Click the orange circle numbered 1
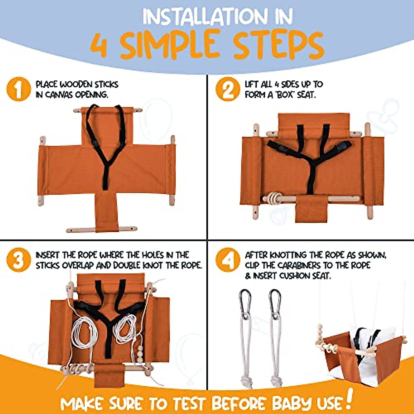click(x=18, y=89)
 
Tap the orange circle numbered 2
click(x=227, y=89)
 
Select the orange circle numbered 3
click(x=18, y=260)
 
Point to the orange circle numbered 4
click(x=227, y=260)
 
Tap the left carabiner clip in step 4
click(x=245, y=304)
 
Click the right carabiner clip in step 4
click(x=275, y=304)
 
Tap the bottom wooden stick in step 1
click(x=101, y=229)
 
